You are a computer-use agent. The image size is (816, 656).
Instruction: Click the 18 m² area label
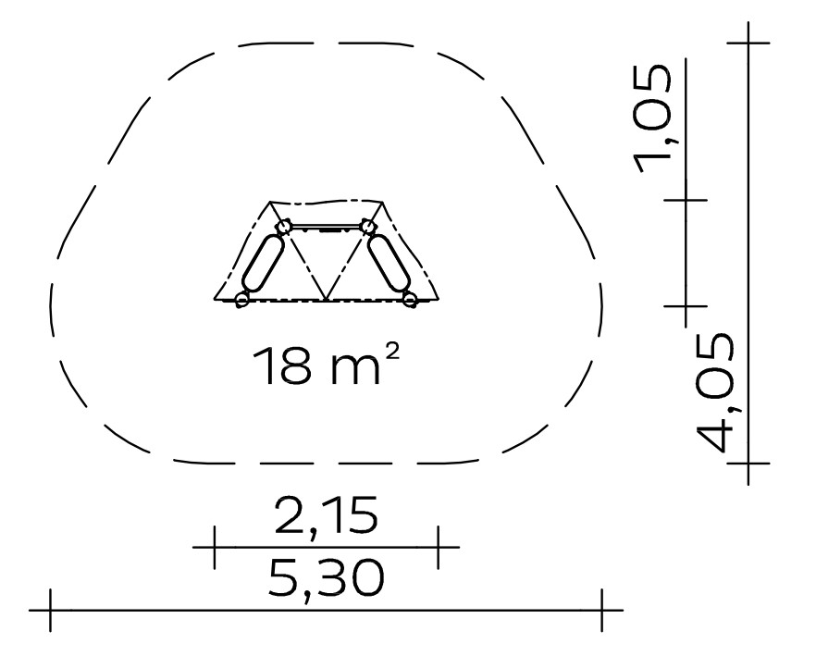click(327, 365)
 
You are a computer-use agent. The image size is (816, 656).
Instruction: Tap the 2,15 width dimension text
click(327, 516)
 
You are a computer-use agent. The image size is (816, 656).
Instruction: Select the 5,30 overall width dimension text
click(327, 578)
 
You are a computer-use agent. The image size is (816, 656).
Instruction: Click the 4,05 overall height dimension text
click(715, 392)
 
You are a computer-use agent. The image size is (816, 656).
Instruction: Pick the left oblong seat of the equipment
click(264, 263)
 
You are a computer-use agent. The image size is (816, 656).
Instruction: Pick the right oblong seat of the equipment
click(389, 263)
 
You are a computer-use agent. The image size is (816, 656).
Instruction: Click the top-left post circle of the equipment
click(284, 227)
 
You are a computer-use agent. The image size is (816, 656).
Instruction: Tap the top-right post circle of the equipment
click(367, 227)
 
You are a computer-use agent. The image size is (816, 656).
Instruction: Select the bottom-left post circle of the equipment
click(241, 300)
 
